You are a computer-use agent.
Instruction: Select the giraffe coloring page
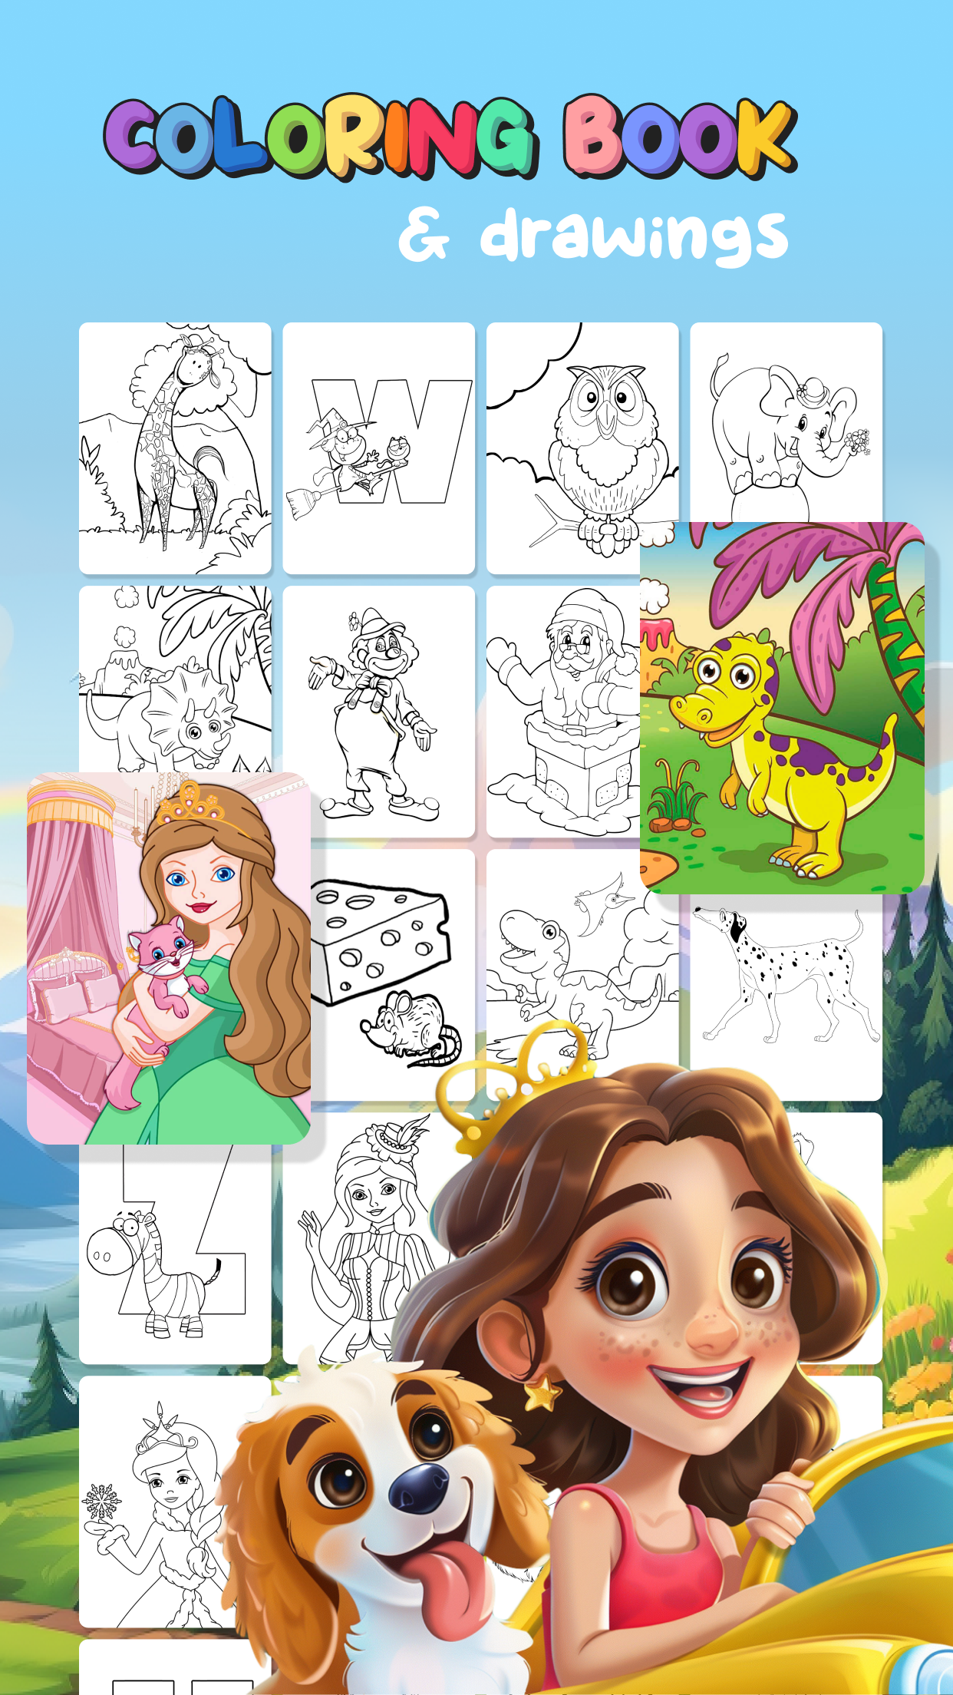(x=175, y=448)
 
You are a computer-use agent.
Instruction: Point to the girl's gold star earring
(x=542, y=1393)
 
